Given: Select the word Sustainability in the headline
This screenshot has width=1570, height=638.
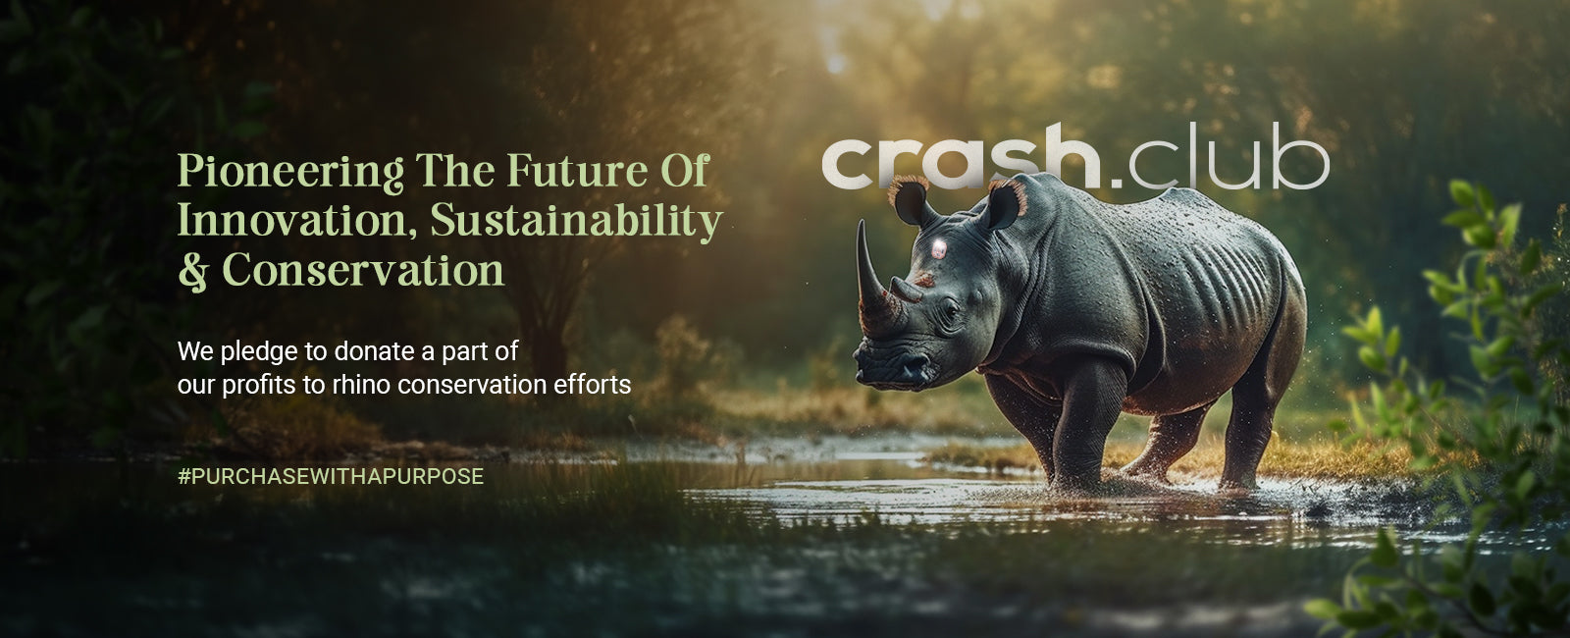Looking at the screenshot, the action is click(x=576, y=222).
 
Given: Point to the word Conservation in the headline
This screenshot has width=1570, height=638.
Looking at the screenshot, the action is click(x=363, y=271).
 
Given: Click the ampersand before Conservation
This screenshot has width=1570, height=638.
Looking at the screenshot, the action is click(x=193, y=271).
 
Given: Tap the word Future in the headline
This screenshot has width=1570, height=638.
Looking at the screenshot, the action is click(x=577, y=171).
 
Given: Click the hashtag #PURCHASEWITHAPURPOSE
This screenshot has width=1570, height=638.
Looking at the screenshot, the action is click(x=330, y=477).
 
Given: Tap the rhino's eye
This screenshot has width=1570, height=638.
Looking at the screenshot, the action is click(x=951, y=308).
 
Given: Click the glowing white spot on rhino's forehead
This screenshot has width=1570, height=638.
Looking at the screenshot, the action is click(x=938, y=248).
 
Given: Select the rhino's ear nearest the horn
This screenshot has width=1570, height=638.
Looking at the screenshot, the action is click(x=913, y=201).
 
